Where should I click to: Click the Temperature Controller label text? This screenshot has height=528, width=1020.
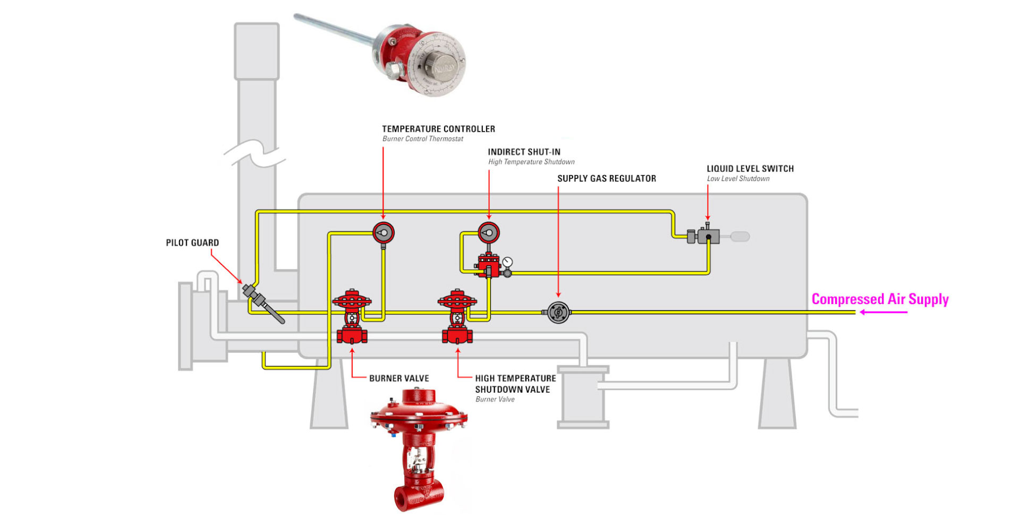(x=438, y=129)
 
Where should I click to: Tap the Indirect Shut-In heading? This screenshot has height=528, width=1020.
(x=524, y=152)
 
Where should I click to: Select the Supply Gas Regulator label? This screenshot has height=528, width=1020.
(x=606, y=178)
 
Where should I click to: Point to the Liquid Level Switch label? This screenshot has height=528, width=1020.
(x=750, y=169)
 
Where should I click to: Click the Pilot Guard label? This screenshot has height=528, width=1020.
(x=192, y=243)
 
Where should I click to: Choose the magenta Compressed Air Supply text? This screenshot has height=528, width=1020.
(x=880, y=299)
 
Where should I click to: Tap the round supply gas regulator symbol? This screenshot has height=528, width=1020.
(x=558, y=313)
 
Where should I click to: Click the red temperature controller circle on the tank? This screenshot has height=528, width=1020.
(x=383, y=232)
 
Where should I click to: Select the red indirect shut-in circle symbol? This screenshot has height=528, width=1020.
(x=489, y=232)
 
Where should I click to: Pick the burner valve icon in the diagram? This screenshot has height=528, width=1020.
(x=352, y=317)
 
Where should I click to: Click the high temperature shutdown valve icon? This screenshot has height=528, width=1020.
(x=457, y=317)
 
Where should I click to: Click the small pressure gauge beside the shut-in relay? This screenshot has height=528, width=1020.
(x=507, y=262)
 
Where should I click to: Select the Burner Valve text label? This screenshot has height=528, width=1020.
(x=399, y=378)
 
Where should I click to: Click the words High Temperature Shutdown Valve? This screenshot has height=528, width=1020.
(x=515, y=384)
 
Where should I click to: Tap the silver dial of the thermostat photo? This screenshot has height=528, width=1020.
(x=440, y=65)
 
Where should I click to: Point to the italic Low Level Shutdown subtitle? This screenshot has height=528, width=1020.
(x=738, y=179)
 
